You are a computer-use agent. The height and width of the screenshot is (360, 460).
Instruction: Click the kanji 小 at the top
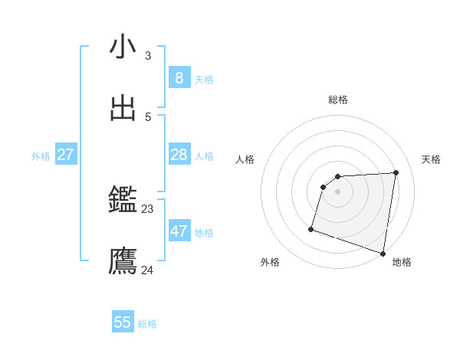click(x=123, y=47)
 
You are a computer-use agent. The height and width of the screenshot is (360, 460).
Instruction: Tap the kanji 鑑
click(x=123, y=201)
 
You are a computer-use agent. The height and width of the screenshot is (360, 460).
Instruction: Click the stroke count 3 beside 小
click(x=147, y=55)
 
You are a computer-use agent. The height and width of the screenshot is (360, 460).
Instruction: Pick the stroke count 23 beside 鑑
click(x=147, y=208)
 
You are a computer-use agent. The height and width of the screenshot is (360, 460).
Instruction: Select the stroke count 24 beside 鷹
click(x=147, y=270)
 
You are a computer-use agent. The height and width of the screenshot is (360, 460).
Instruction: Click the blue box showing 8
click(x=179, y=77)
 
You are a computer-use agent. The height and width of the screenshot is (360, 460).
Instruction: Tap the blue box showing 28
click(x=179, y=155)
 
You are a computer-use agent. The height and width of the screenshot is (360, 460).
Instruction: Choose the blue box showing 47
click(x=179, y=231)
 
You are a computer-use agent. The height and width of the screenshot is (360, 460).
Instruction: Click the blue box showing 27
click(x=65, y=155)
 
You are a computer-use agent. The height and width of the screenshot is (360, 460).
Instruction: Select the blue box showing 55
click(x=123, y=322)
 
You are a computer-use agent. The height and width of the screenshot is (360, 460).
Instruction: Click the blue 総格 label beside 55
click(x=147, y=324)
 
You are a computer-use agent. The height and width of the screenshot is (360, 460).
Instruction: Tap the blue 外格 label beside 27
click(x=41, y=156)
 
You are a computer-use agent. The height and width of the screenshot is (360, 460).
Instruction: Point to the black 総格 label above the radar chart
click(x=338, y=100)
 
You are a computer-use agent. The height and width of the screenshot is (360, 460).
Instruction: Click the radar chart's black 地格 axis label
click(x=402, y=262)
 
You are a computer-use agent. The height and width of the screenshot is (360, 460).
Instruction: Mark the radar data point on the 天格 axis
click(x=396, y=172)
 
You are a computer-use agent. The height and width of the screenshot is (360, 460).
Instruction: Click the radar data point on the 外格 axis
click(x=311, y=228)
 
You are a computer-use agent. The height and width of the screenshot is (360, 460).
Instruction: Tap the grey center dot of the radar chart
click(x=338, y=191)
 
